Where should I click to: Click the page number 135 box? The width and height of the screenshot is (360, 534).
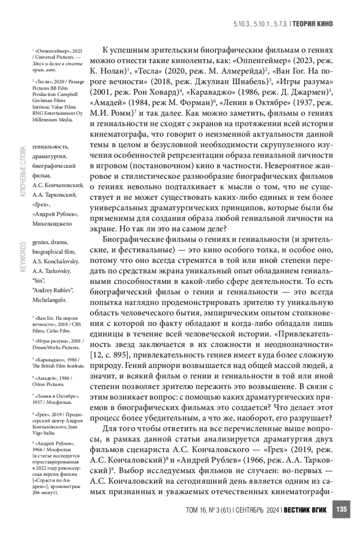[x=341, y=509]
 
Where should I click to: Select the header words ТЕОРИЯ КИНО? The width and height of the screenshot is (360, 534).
[x=313, y=24]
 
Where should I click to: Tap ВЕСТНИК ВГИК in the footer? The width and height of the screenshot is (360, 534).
[x=305, y=510]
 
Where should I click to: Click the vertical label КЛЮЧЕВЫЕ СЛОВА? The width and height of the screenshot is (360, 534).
[x=23, y=172]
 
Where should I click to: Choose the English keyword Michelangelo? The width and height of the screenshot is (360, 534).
[x=49, y=300]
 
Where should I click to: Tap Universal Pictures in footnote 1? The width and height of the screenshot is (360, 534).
[x=54, y=57]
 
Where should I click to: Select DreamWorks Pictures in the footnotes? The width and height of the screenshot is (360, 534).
[x=56, y=347]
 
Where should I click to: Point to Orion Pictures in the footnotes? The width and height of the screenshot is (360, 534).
[x=48, y=384]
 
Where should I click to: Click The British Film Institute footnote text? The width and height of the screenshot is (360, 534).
[x=58, y=366]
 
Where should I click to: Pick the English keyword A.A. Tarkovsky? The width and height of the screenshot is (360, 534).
[x=51, y=271]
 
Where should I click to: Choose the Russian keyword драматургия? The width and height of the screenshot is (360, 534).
[x=49, y=156]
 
